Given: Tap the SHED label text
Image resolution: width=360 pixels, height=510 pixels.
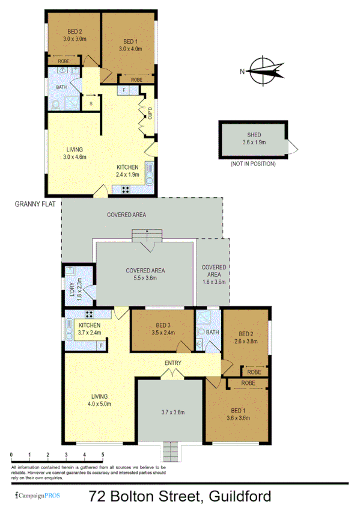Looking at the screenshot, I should (x=253, y=135).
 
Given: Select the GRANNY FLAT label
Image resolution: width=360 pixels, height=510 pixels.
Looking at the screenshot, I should (x=35, y=204).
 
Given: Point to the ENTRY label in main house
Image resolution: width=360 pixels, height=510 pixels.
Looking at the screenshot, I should (x=174, y=363).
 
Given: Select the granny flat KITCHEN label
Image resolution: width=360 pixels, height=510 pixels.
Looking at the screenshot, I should (x=127, y=167).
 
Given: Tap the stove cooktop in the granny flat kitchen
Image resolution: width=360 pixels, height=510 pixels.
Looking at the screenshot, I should (x=127, y=189).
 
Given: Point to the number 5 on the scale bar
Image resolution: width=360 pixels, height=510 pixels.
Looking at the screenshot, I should (x=103, y=455).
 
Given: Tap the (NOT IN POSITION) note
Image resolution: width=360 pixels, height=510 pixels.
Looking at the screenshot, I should (x=253, y=164).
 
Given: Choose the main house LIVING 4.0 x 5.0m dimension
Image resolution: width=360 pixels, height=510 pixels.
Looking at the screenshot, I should (x=99, y=404).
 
